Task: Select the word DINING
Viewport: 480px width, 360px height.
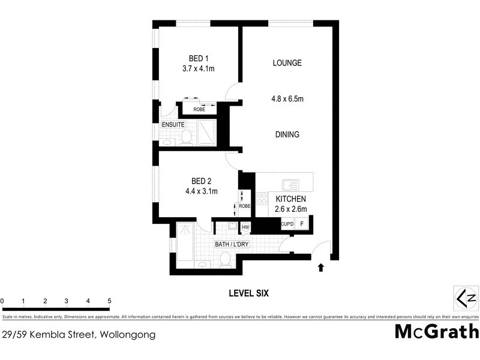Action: [x=287, y=134]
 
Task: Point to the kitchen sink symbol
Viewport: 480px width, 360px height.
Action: [x=292, y=184]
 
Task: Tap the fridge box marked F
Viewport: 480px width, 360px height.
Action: [x=302, y=224]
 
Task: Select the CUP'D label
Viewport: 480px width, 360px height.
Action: [x=287, y=224]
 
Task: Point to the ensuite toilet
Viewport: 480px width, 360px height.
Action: [x=186, y=137]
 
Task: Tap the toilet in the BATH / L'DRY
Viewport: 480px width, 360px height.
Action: [x=226, y=259]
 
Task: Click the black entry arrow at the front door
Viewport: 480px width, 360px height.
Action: [x=320, y=268]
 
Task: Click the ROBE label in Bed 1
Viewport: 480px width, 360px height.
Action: [x=199, y=109]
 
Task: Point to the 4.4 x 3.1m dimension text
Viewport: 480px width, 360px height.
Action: [x=202, y=191]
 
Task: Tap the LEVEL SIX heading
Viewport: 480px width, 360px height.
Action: [x=248, y=293]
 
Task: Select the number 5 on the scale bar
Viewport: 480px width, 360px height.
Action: [x=110, y=301]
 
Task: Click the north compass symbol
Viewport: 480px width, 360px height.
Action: [x=466, y=298]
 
